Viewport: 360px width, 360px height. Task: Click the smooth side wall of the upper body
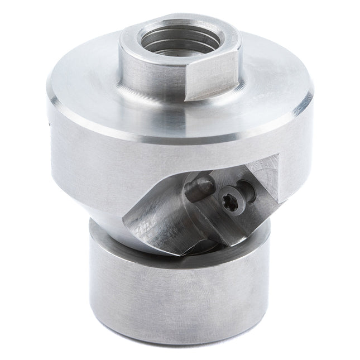click(x=84, y=162)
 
